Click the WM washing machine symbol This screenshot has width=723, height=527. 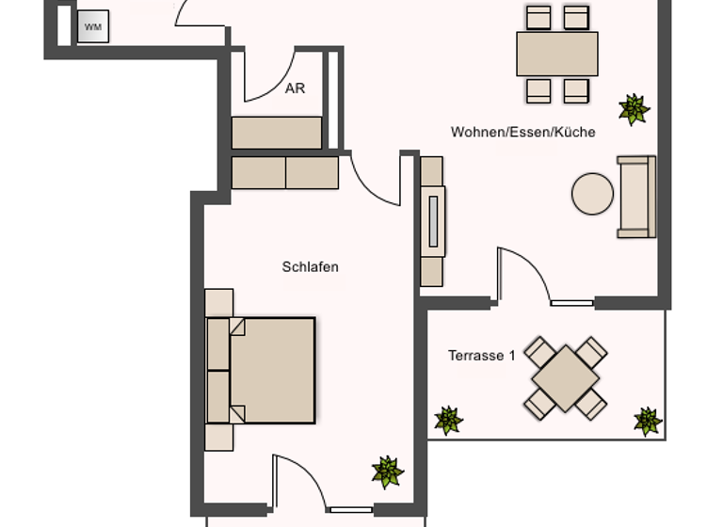[93, 26]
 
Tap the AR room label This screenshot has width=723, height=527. [295, 88]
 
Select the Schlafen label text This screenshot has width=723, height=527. [310, 267]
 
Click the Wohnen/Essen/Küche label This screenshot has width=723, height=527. [522, 132]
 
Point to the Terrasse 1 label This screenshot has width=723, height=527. [481, 356]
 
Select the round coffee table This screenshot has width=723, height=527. [592, 194]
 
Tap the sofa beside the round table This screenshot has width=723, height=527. [635, 197]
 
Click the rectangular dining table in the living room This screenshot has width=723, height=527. [556, 54]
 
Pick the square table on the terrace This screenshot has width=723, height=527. [565, 377]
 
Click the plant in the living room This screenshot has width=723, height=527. [634, 109]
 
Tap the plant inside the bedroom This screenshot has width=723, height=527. [387, 471]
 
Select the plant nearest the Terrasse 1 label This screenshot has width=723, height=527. [447, 421]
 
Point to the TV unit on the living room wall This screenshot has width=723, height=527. [432, 221]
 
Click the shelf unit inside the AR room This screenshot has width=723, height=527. [277, 133]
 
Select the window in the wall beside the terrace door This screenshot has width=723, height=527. [571, 303]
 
